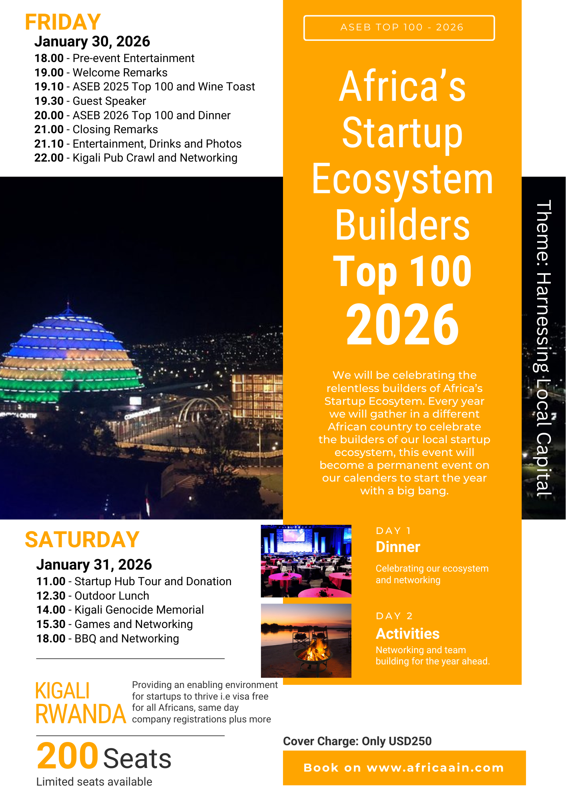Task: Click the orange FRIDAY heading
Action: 63,22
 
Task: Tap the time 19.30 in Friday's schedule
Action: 49,101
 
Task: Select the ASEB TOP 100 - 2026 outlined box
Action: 399,28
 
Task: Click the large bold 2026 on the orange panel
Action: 402,324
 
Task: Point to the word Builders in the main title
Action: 402,225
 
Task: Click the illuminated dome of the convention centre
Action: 68,352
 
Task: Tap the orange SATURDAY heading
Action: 82,540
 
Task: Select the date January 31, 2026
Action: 94,564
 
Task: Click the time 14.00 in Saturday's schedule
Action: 51,610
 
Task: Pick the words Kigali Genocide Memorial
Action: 139,610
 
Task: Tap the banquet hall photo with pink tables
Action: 306,561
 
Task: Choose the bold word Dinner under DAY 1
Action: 398,547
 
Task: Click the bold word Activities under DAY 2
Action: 407,634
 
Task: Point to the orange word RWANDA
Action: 81,714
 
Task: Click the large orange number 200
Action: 67,756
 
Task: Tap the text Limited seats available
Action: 94,782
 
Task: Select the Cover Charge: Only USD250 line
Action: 357,741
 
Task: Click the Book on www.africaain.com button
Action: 404,768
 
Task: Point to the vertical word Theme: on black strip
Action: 544,234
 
